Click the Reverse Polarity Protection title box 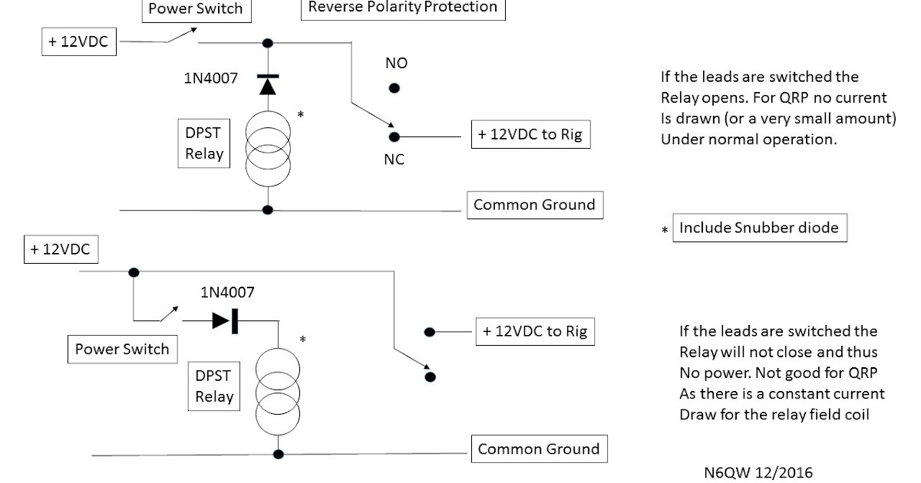(x=403, y=8)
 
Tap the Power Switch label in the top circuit (x=195, y=9)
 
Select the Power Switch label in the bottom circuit (x=122, y=350)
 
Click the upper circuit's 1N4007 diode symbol (x=267, y=84)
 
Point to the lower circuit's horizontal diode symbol (x=225, y=321)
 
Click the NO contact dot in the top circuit (x=394, y=88)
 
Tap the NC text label (x=394, y=160)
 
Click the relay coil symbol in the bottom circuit (x=275, y=391)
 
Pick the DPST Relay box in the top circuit (x=204, y=143)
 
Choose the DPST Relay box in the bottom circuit (x=214, y=386)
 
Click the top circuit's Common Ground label (x=534, y=205)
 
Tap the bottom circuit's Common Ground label (x=539, y=449)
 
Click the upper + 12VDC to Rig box (x=530, y=135)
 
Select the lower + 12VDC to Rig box (x=535, y=331)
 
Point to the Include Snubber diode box (x=759, y=228)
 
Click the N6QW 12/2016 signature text (x=758, y=472)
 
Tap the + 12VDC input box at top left (x=78, y=43)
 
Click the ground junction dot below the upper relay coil (x=268, y=209)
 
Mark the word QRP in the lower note (x=863, y=373)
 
